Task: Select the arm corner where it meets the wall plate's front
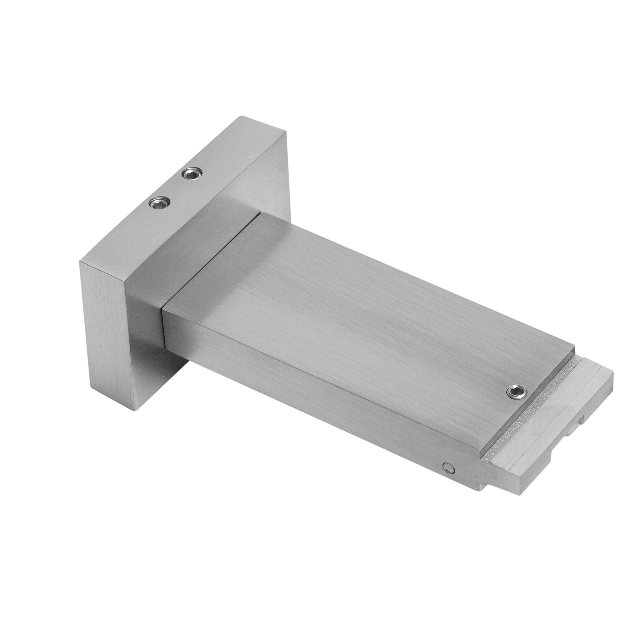tap(163, 309)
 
